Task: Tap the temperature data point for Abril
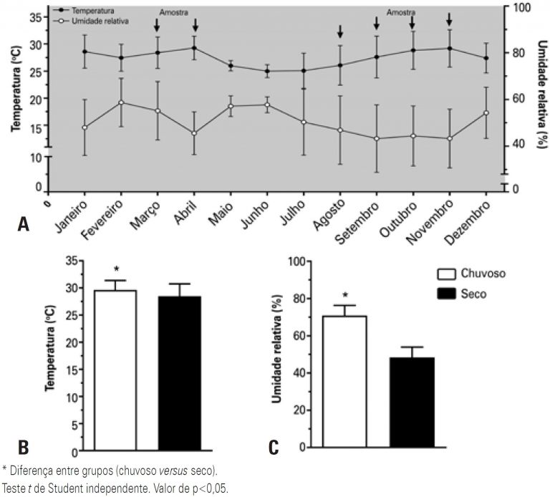[195, 48]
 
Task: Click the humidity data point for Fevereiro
[121, 102]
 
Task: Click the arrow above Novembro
[450, 19]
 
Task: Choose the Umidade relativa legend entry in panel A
[85, 22]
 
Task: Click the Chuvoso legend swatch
[446, 274]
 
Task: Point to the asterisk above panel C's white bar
[344, 295]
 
